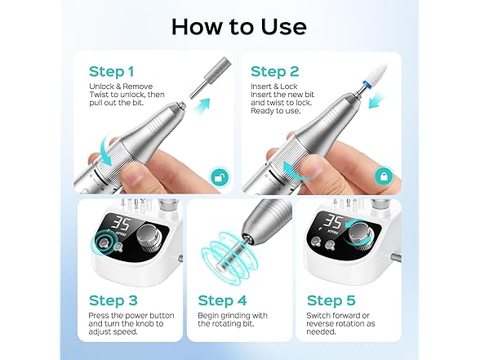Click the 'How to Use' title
pos(239,26)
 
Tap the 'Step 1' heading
pos(112,72)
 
